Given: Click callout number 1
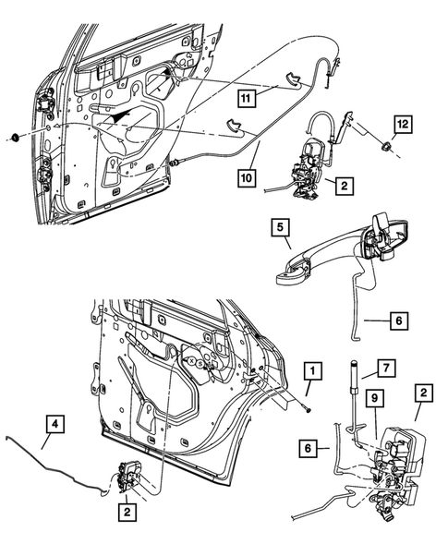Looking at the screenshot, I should pos(314,372).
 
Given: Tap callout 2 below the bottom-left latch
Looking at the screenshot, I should pos(125,509).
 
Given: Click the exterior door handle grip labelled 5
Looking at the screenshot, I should pos(319,258).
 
